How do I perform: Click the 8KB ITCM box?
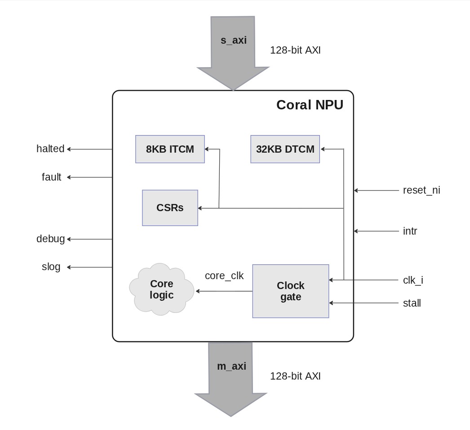tap(170, 149)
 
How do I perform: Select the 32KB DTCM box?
tap(285, 149)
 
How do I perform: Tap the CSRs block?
tap(170, 208)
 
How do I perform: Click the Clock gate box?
tap(291, 291)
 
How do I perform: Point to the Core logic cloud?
tap(162, 290)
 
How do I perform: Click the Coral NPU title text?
tap(310, 105)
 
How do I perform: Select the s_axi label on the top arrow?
tap(233, 40)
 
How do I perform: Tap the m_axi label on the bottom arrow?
tap(231, 366)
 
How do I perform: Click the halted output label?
tap(50, 149)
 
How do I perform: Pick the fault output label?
tap(51, 177)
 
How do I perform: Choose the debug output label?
tap(50, 239)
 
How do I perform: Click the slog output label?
tap(51, 267)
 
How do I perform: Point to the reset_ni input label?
tap(421, 190)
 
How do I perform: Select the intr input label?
tap(410, 231)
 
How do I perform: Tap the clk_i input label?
tap(413, 280)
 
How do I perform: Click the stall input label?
tap(412, 303)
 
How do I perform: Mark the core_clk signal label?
tap(224, 276)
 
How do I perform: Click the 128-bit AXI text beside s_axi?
tap(295, 50)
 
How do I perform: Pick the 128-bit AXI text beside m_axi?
tap(295, 376)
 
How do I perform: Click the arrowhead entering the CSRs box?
tap(200, 208)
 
